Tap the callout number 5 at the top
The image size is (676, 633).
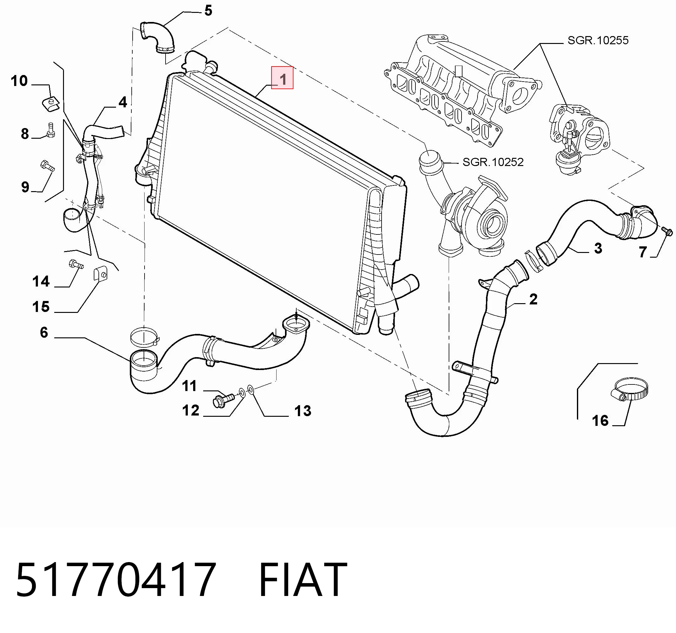(208, 11)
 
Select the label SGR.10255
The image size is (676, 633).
(598, 40)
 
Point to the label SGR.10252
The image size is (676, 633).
(493, 162)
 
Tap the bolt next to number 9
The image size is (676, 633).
(47, 165)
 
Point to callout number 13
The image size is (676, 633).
(303, 411)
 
